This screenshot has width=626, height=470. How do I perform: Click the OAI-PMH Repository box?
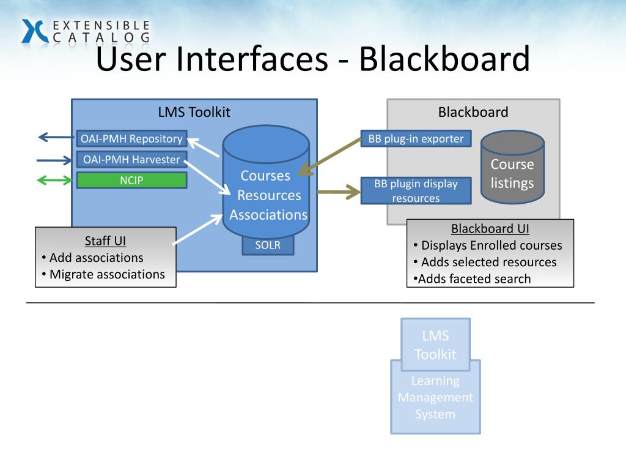tap(131, 139)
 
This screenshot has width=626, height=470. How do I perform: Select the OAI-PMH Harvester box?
tap(131, 160)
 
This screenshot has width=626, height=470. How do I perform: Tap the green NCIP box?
tap(131, 181)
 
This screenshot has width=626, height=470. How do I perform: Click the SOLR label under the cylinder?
tap(268, 245)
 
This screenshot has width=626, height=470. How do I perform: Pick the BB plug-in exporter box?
tap(416, 139)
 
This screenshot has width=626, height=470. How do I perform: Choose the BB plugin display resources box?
tap(416, 191)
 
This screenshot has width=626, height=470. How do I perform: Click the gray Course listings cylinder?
tap(512, 167)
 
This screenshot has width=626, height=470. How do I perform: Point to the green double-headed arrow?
tap(54, 181)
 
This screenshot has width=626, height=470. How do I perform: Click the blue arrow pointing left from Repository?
tap(56, 138)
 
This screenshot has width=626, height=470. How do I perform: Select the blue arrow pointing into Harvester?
tap(54, 160)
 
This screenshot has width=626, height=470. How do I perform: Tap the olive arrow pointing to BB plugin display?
tap(339, 192)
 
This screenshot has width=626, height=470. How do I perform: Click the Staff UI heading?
tap(105, 241)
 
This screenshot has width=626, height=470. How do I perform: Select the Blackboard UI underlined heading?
tap(490, 229)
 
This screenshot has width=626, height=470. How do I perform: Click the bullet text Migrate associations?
tap(107, 275)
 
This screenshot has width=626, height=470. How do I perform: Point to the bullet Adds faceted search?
tap(474, 278)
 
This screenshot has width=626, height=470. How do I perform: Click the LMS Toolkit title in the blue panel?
tap(194, 113)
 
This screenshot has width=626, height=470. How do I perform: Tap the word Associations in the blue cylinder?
tap(268, 215)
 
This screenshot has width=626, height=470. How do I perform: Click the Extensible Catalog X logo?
tap(35, 31)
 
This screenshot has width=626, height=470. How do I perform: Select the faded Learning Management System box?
tap(435, 397)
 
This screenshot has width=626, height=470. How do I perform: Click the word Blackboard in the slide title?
tap(444, 59)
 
